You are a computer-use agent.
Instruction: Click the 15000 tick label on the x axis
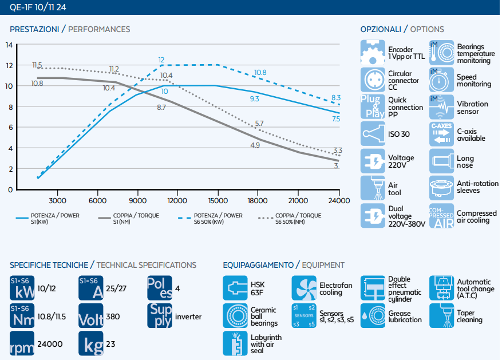click(218, 201)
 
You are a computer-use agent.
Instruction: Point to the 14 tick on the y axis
click(9, 45)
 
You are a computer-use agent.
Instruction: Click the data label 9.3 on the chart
click(255, 98)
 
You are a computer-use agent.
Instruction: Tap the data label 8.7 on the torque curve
click(161, 108)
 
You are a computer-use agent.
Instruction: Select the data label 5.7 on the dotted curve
click(259, 124)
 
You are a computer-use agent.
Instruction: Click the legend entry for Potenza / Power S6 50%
click(210, 219)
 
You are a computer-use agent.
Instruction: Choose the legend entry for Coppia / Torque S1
click(129, 219)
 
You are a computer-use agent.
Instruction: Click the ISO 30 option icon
click(373, 134)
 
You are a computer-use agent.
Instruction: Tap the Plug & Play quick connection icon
click(373, 106)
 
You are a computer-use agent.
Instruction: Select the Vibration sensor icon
click(441, 106)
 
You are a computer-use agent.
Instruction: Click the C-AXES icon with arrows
click(441, 134)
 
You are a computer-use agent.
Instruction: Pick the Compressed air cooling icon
click(441, 216)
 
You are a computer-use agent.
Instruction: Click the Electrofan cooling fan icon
click(304, 288)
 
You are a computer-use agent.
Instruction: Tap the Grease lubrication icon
click(373, 315)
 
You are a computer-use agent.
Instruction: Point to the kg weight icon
click(91, 343)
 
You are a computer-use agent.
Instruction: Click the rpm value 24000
click(50, 344)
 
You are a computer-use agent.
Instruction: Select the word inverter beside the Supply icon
click(188, 317)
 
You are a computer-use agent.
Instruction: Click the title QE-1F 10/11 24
click(38, 7)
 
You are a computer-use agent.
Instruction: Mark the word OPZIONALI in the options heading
click(381, 29)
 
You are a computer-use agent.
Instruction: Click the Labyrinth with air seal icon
click(235, 343)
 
